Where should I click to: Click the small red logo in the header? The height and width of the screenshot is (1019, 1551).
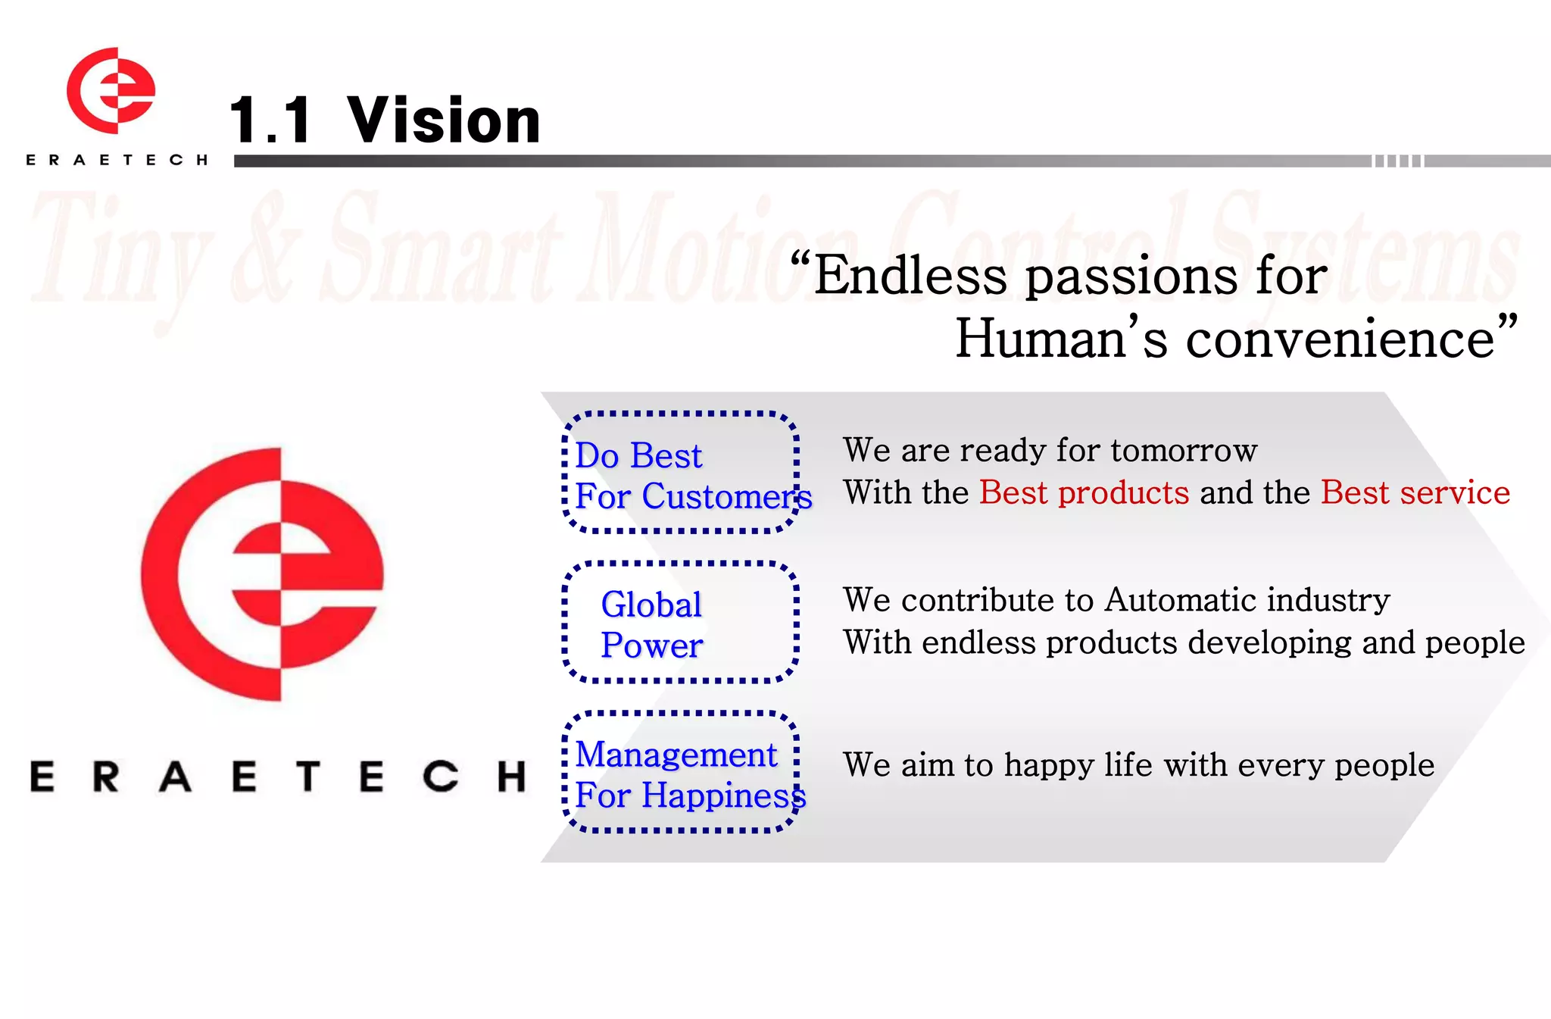pyautogui.click(x=111, y=91)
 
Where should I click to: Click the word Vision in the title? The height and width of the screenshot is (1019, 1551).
pyautogui.click(x=444, y=121)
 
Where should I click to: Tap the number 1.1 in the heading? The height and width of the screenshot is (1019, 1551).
pyautogui.click(x=270, y=121)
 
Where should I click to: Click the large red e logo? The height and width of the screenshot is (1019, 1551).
pyautogui.click(x=262, y=574)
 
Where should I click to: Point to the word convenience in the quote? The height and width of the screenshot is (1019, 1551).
pyautogui.click(x=1340, y=339)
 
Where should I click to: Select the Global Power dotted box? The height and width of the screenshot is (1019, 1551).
pyautogui.click(x=680, y=623)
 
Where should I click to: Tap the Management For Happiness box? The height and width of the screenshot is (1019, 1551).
pyautogui.click(x=680, y=772)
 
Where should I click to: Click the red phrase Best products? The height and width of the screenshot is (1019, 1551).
pyautogui.click(x=1084, y=493)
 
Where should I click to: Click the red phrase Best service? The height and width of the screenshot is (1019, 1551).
pyautogui.click(x=1415, y=493)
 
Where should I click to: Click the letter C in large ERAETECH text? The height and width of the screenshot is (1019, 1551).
pyautogui.click(x=440, y=777)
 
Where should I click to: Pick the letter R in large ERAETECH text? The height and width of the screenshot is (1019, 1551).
pyautogui.click(x=106, y=777)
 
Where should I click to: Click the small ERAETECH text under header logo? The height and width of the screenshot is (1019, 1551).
pyautogui.click(x=116, y=160)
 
